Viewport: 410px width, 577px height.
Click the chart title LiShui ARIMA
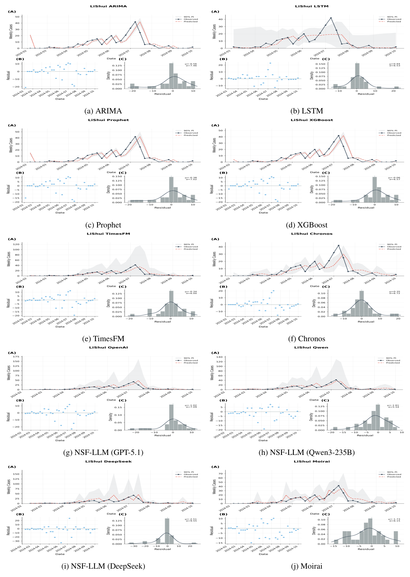[x=108, y=6]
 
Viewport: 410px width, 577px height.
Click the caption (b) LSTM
[x=307, y=111]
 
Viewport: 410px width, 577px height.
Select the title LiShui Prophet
[x=108, y=120]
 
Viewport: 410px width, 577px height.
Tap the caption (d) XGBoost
[x=307, y=225]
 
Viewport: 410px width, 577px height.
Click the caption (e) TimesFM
[x=103, y=339]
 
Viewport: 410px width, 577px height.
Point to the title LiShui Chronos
[x=312, y=234]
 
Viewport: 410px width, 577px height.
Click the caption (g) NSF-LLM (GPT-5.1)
[x=103, y=453]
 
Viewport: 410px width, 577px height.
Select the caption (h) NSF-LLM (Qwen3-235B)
[x=307, y=453]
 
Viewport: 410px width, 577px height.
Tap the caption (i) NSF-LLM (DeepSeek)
[x=103, y=566]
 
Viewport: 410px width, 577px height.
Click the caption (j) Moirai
[x=307, y=566]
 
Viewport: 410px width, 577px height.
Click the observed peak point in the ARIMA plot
[x=135, y=22]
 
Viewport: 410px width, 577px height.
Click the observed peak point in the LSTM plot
[x=331, y=18]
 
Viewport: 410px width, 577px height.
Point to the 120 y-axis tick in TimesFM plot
[x=18, y=244]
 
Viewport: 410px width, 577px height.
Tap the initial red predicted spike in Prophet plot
[x=30, y=153]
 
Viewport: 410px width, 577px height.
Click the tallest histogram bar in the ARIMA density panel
[x=171, y=76]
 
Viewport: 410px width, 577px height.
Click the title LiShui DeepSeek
[x=108, y=461]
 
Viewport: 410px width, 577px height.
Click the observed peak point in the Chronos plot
[x=339, y=245]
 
